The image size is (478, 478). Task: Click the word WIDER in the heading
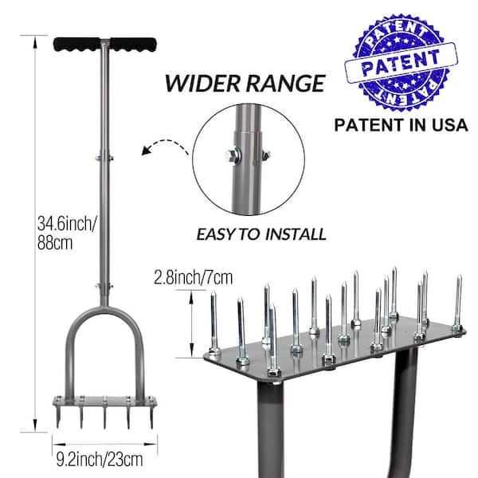coord(202,83)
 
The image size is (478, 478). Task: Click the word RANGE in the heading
coord(286,83)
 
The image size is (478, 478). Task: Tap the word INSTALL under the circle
coord(296,234)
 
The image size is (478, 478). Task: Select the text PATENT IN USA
coord(401,125)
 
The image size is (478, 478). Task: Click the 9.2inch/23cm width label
coord(100,459)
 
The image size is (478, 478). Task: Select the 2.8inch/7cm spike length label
coord(194,277)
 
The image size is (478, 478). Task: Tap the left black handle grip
coord(76,44)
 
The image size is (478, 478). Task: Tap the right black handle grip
coord(133,44)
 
